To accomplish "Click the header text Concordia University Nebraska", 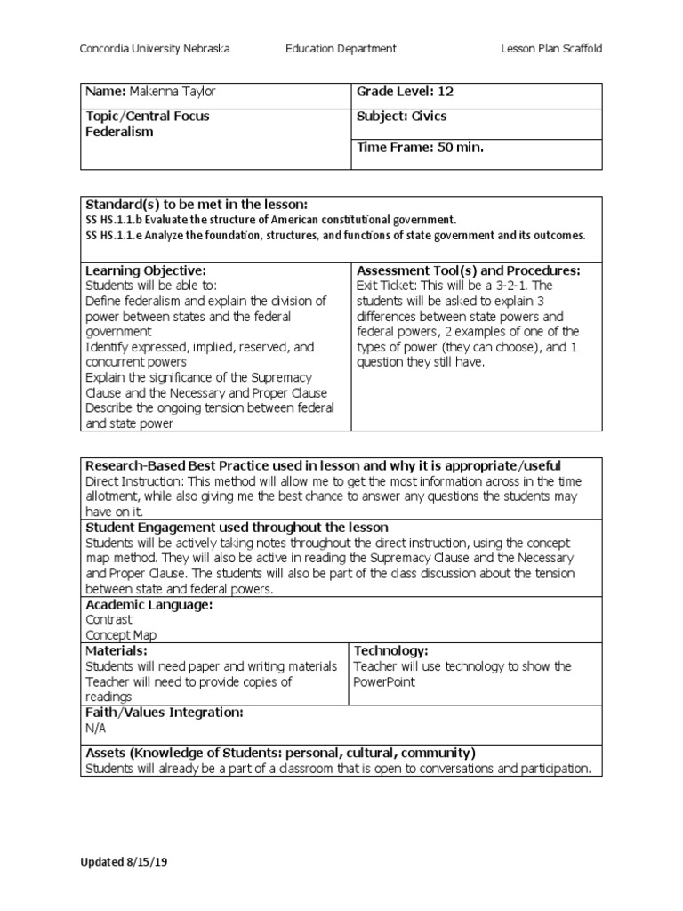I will (156, 49).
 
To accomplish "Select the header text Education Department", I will (341, 49).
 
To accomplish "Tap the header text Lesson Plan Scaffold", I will (552, 49).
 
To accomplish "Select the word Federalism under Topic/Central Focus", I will (119, 132).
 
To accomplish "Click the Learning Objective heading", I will (145, 270).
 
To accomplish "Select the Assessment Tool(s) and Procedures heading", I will (468, 270).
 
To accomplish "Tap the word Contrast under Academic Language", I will (108, 619).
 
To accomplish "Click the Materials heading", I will (115, 651).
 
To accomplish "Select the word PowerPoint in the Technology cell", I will (384, 682).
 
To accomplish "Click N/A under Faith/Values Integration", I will (95, 728).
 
